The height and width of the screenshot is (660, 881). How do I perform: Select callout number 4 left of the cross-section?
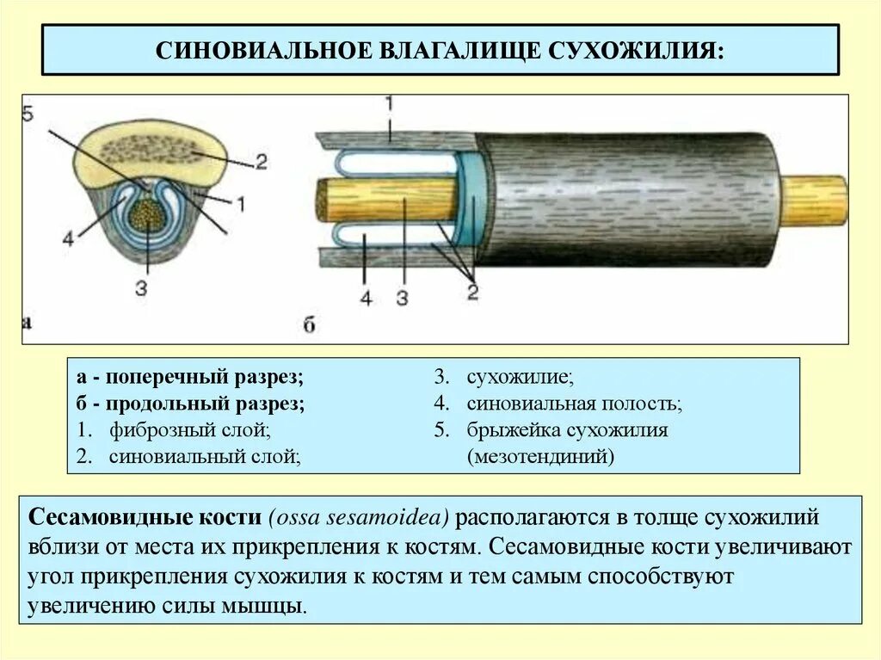point(68,239)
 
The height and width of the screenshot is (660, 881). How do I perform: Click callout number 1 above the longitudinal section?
point(388,103)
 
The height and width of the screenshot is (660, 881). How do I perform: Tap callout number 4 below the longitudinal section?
point(366,299)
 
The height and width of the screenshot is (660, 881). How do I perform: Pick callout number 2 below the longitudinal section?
point(472,292)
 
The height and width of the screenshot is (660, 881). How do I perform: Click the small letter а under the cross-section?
point(27,324)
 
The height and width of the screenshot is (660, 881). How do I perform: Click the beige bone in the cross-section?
point(155,155)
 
